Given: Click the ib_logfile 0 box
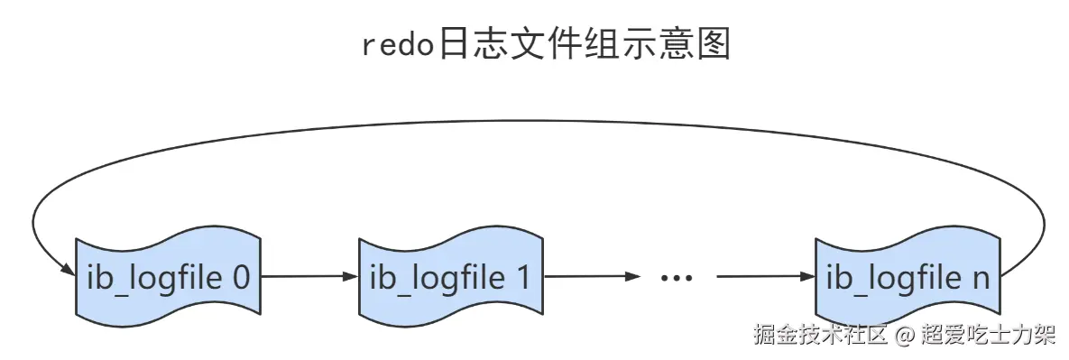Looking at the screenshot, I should click(169, 277).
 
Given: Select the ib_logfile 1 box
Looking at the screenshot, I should click(451, 277).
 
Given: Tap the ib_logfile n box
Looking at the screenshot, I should click(908, 277).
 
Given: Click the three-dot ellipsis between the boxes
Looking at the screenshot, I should click(674, 278).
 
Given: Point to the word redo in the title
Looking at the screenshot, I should click(396, 43).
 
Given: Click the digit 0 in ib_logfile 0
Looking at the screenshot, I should click(240, 277).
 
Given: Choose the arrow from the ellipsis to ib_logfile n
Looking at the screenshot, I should click(765, 277).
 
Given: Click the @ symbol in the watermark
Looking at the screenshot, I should click(905, 336).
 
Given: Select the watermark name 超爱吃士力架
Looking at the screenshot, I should click(987, 336).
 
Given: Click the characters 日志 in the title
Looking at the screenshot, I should click(468, 43).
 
